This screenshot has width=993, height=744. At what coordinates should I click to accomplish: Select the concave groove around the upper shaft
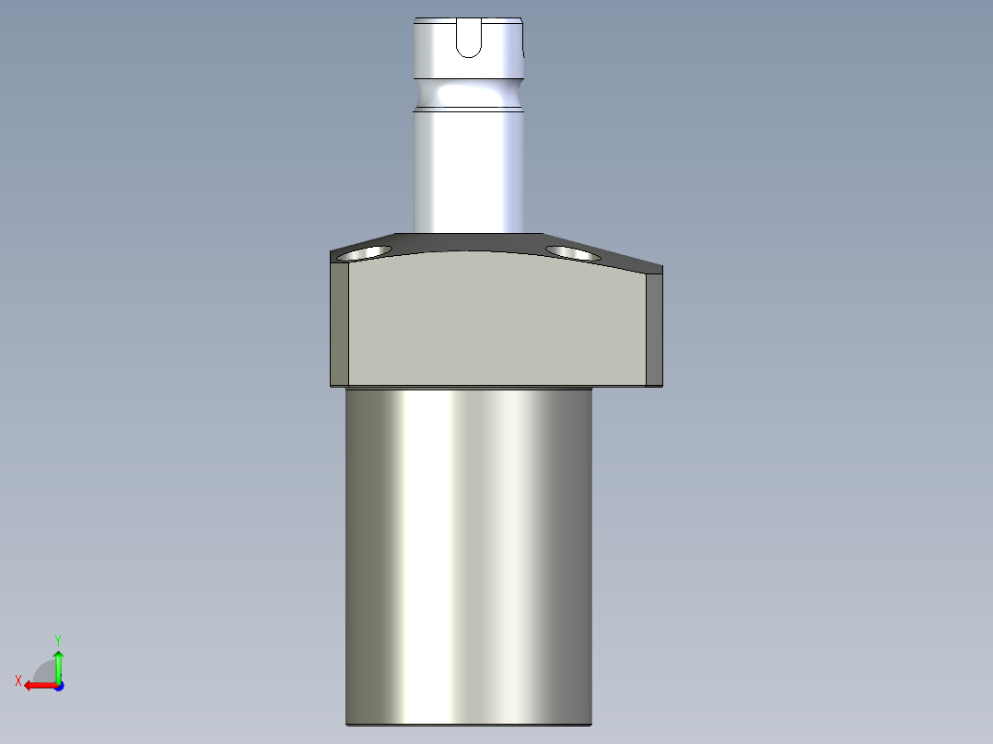point(469,93)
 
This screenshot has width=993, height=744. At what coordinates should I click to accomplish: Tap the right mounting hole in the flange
point(573,251)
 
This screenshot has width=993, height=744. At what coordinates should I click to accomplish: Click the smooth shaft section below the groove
point(469,170)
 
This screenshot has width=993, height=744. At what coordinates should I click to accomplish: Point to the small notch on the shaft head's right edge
point(523,53)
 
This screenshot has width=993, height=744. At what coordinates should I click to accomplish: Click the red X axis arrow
point(37,685)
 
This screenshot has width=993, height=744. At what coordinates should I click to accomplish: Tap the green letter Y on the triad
point(58,639)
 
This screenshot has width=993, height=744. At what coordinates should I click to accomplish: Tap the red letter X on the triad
point(18,680)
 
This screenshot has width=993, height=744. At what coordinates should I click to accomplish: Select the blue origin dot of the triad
point(58,685)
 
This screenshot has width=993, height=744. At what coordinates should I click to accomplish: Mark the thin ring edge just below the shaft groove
point(469,110)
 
